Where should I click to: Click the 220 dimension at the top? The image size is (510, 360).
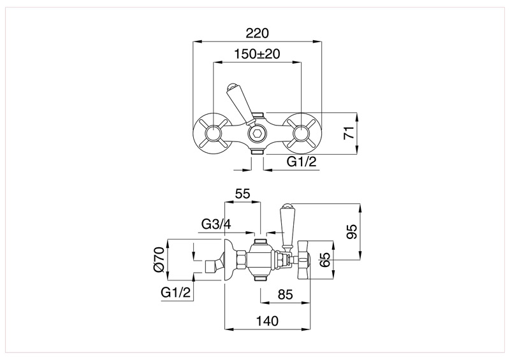click(257, 33)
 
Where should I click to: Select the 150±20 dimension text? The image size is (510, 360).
click(256, 54)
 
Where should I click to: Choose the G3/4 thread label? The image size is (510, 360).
click(216, 224)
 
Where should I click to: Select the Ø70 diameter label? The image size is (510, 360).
click(159, 260)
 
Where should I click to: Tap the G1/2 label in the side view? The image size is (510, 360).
click(177, 292)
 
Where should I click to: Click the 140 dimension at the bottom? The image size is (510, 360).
click(266, 320)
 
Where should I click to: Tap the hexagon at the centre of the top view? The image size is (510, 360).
click(257, 134)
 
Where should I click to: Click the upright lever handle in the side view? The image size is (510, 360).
click(286, 226)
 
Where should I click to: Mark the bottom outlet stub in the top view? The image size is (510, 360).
click(257, 152)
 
